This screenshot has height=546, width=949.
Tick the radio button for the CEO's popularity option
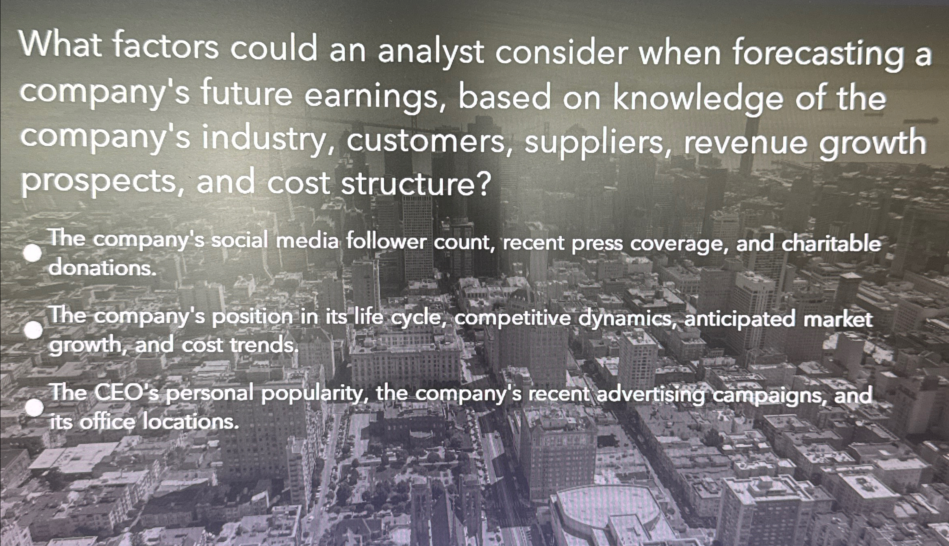tap(34, 408)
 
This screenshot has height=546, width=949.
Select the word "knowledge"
tap(697, 100)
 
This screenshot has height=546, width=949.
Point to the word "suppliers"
tap(594, 143)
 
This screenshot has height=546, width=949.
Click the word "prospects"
tap(98, 183)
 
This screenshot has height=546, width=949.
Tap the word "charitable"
tap(831, 244)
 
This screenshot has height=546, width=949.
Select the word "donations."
tap(102, 268)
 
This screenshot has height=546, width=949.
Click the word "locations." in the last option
tap(189, 422)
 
